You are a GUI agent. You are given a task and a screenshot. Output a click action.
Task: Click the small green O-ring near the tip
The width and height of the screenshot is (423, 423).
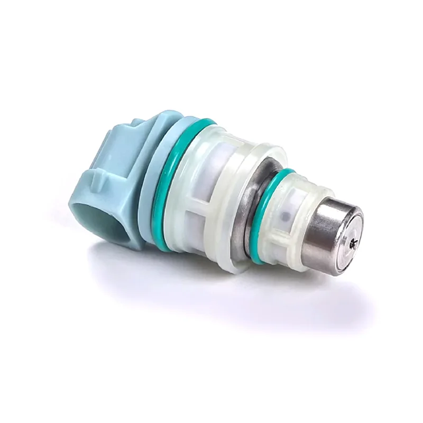(263, 212)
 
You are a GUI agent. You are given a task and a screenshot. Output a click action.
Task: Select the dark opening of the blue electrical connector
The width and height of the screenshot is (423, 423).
(108, 225)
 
